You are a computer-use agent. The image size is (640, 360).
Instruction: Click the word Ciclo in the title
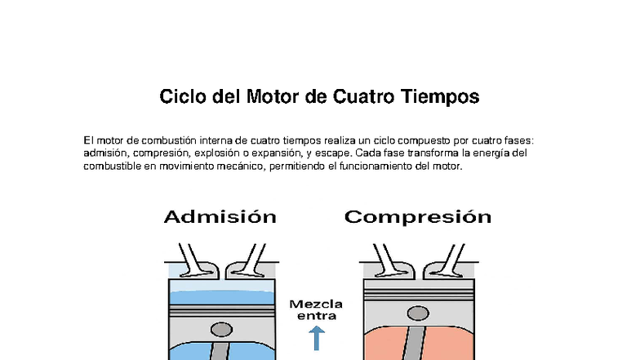tap(182, 98)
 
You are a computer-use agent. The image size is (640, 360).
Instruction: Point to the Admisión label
tap(220, 217)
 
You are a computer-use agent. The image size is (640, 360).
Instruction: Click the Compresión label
tap(417, 217)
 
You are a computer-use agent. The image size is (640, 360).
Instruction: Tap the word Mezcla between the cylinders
tap(316, 304)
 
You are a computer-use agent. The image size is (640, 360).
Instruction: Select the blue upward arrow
tap(317, 337)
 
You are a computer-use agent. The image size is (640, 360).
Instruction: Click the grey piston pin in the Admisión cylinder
tap(221, 330)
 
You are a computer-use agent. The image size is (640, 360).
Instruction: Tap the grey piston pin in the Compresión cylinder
tap(417, 330)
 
